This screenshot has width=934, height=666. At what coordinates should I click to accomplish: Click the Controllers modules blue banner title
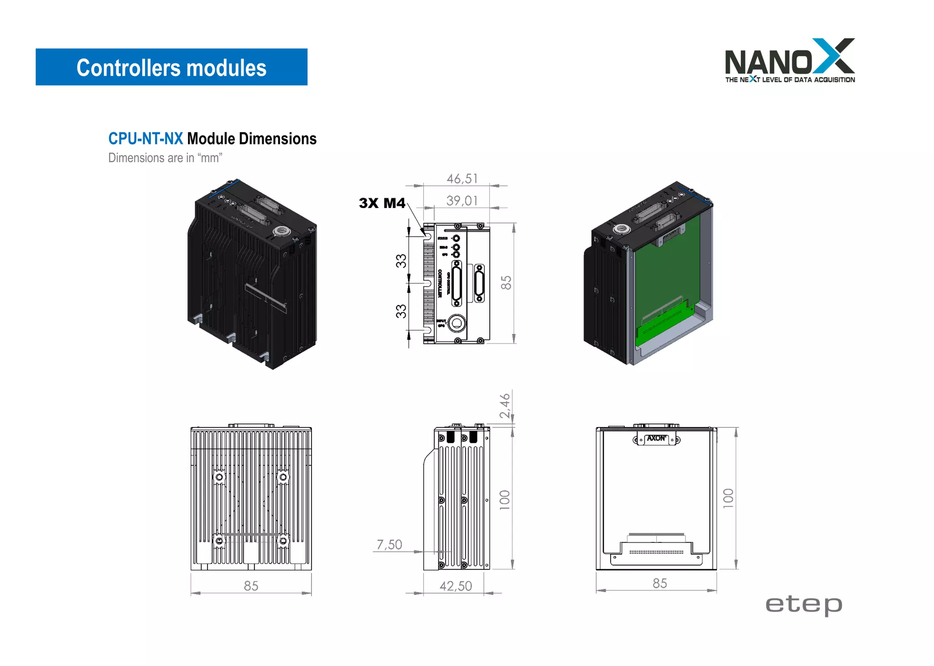[x=171, y=68]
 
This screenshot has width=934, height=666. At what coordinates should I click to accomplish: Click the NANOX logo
[x=789, y=61]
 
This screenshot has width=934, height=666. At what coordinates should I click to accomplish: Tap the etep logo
[x=804, y=605]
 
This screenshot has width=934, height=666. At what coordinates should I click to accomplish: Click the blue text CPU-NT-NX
[x=145, y=139]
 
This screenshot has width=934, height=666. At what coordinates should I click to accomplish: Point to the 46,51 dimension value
[x=462, y=179]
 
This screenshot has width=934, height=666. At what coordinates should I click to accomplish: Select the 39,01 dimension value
[x=462, y=201]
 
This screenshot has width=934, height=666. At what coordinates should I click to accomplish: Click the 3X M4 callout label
[x=382, y=203]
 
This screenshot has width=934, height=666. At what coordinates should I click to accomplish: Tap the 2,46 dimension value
[x=504, y=406]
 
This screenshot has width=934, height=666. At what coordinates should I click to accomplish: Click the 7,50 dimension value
[x=389, y=545]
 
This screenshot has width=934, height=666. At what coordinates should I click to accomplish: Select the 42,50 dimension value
[x=456, y=586]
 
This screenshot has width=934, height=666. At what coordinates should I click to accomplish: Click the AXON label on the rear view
[x=656, y=438]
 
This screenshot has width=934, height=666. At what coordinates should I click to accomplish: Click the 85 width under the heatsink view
[x=251, y=586]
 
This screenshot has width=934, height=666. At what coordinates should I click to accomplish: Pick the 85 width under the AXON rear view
[x=659, y=583]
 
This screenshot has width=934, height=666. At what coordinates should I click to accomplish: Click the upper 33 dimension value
[x=401, y=261]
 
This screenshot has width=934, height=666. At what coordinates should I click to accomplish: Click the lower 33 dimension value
[x=401, y=311]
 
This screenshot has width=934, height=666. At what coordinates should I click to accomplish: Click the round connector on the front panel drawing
[x=456, y=323]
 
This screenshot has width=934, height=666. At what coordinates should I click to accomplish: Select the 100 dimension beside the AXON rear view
[x=728, y=498]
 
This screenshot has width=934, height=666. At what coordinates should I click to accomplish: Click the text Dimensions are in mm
[x=165, y=158]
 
